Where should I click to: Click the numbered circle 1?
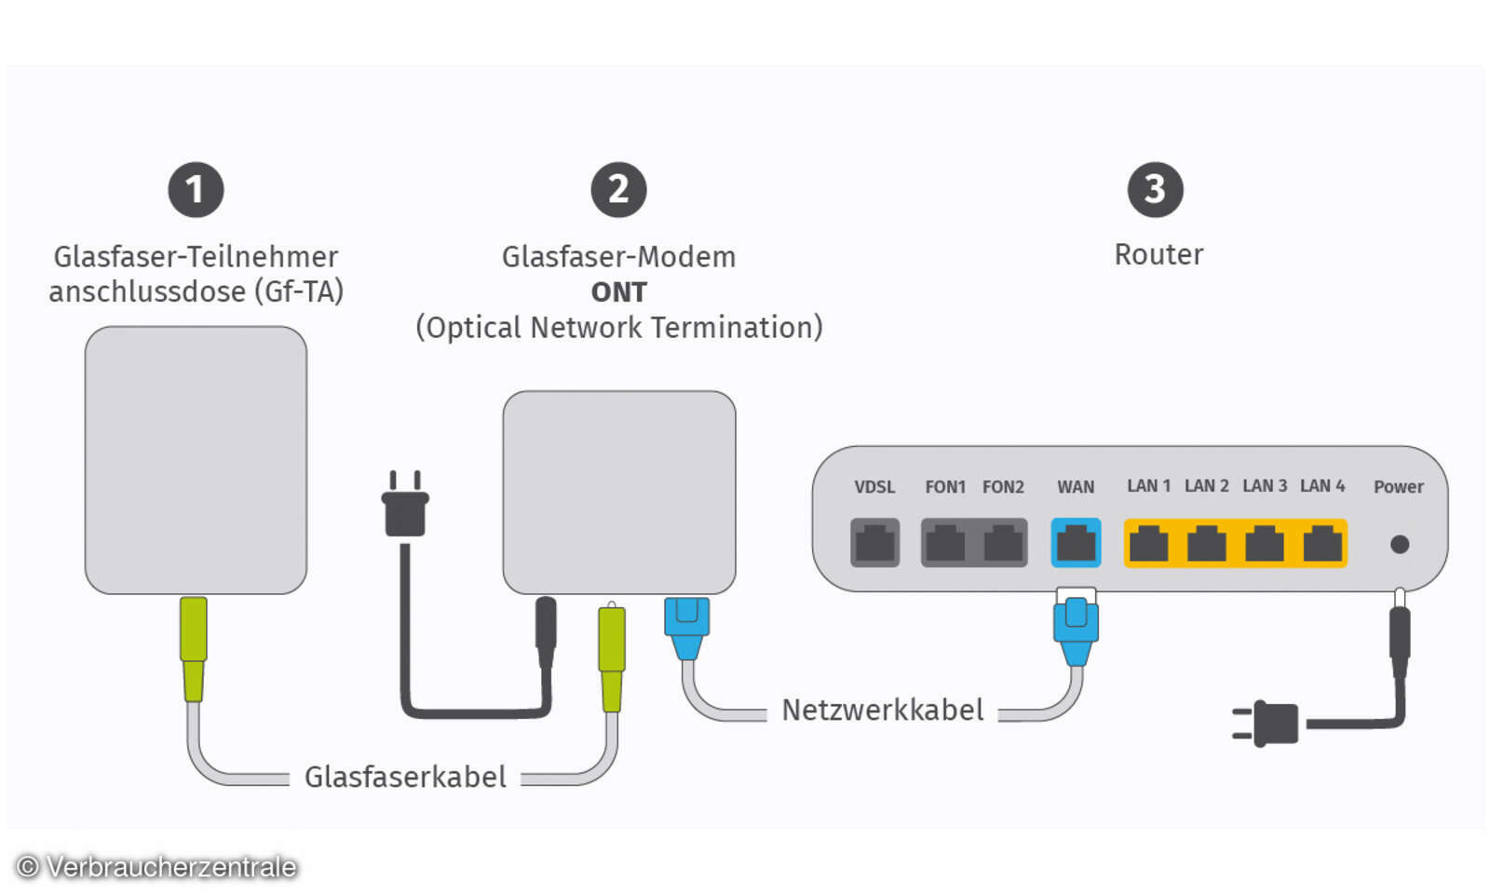click(196, 190)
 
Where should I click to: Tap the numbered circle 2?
click(618, 190)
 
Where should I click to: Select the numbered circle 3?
click(1155, 190)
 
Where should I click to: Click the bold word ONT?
click(618, 292)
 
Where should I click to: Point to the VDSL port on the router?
click(874, 543)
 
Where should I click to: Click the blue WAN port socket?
click(1076, 543)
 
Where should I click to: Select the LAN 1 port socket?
click(1148, 543)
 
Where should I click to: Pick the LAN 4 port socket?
click(1322, 543)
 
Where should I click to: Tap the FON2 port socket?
click(1003, 543)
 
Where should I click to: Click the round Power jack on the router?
click(1399, 545)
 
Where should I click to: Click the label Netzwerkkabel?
click(882, 711)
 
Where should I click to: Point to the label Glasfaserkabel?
click(405, 777)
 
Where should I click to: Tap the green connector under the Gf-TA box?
click(193, 647)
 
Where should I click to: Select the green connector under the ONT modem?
click(611, 657)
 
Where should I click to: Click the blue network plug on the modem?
click(687, 626)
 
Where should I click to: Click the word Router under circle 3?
click(1158, 254)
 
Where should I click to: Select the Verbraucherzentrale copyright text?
click(156, 867)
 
